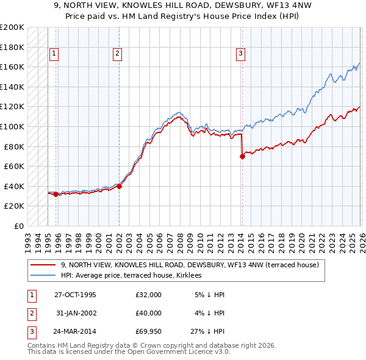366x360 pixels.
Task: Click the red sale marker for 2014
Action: [x=242, y=156]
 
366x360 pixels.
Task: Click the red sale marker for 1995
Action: [x=56, y=195]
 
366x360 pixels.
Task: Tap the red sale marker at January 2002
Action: [x=119, y=187]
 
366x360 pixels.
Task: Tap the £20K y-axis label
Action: [x=15, y=206]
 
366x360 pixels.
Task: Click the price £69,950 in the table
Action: [x=149, y=333]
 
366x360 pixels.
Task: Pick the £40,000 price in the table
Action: [x=149, y=314]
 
